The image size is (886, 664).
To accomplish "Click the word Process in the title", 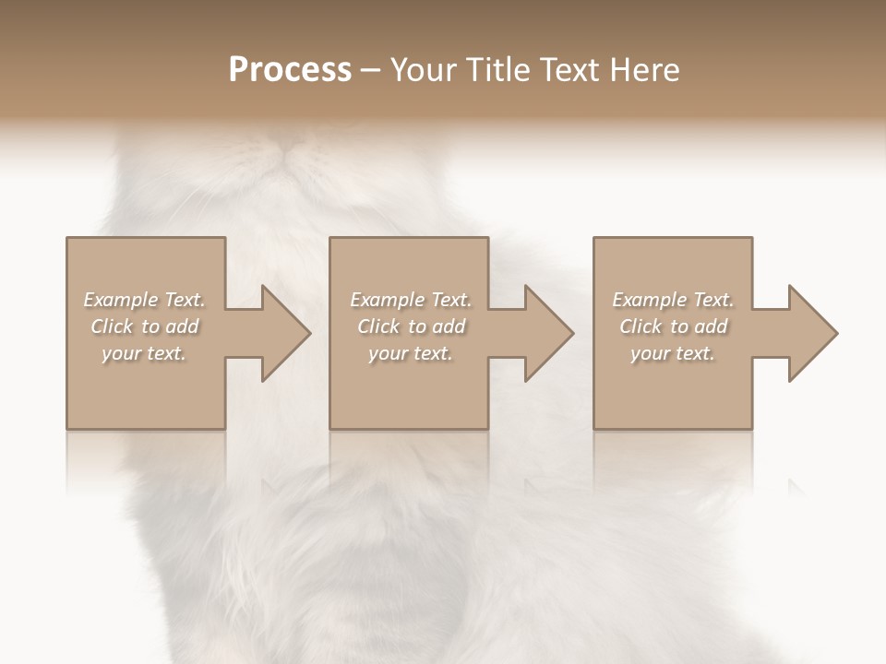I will tap(290, 70).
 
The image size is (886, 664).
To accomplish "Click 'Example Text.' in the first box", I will tap(144, 300).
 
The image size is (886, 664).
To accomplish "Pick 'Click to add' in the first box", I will tap(144, 326).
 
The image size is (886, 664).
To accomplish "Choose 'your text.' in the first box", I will tap(144, 353).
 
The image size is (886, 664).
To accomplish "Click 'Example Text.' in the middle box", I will tap(410, 300).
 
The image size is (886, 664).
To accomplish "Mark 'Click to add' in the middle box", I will tap(410, 326).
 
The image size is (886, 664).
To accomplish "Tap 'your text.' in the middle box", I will tap(410, 353).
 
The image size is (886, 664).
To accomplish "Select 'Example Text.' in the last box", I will tap(673, 300).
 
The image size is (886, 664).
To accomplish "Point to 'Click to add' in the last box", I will tap(673, 326).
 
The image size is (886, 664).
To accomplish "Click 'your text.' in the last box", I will tap(673, 353).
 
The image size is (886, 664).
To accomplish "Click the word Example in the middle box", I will tap(386, 300).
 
